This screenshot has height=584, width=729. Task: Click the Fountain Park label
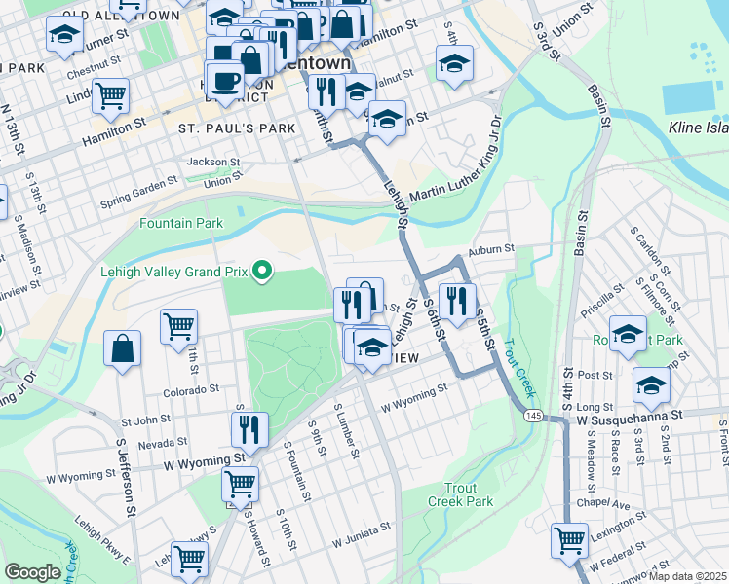click(x=181, y=224)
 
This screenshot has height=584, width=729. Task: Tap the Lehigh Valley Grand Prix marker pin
click(x=260, y=271)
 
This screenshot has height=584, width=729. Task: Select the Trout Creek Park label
click(x=460, y=494)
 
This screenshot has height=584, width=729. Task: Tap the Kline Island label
click(x=698, y=127)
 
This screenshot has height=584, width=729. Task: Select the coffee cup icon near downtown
click(x=225, y=80)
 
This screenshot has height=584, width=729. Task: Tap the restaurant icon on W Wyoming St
click(x=249, y=428)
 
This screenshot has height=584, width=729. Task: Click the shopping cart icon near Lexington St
click(x=569, y=538)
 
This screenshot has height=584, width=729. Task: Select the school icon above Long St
click(x=651, y=385)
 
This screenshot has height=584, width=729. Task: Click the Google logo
click(x=32, y=572)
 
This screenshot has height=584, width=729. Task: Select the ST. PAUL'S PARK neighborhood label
click(x=222, y=128)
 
